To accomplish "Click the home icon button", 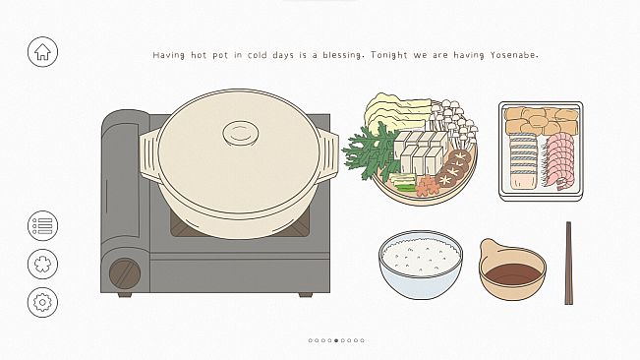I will [42, 52].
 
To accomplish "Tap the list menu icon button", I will [42, 226].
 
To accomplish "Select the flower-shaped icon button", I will [42, 264].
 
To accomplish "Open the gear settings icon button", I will [42, 302].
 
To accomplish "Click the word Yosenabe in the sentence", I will [510, 55].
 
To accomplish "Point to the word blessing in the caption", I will [335, 55].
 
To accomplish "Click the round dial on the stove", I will [124, 271].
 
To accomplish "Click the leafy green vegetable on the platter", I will [370, 150].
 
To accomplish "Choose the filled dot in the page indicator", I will [336, 340].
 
